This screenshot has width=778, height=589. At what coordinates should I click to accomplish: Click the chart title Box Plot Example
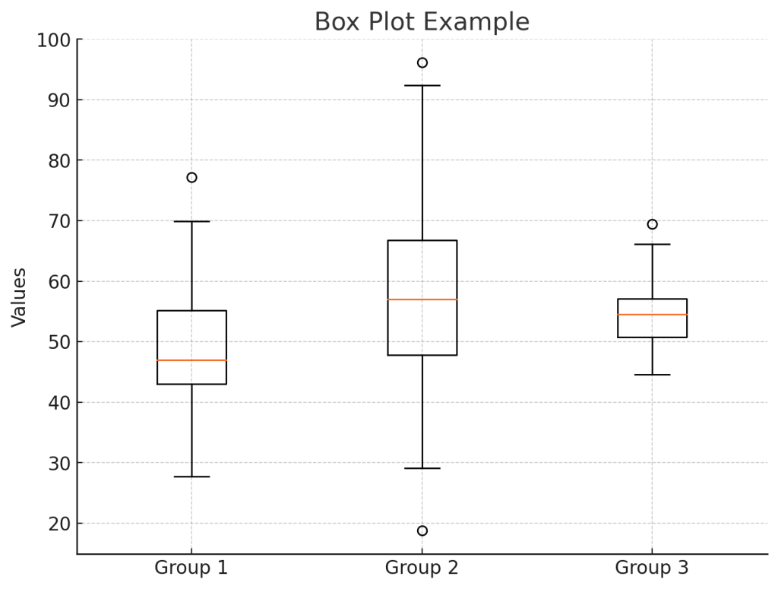click(x=422, y=22)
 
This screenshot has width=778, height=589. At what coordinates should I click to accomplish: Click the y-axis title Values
click(x=20, y=297)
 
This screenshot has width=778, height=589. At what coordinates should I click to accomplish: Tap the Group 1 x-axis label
click(x=191, y=568)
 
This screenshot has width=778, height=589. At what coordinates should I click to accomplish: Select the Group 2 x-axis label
click(x=422, y=568)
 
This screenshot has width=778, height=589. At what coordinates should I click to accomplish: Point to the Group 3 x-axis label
click(x=652, y=568)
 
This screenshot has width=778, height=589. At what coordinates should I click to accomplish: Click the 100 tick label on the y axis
click(x=53, y=40)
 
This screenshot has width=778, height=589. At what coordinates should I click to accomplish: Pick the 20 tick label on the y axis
click(x=59, y=524)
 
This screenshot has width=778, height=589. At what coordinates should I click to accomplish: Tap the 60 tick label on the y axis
click(x=59, y=282)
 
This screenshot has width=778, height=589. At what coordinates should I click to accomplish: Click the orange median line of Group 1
click(x=191, y=360)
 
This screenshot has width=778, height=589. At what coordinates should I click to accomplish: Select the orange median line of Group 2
click(x=422, y=299)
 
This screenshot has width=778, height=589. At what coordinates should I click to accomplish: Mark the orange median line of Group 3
click(x=652, y=315)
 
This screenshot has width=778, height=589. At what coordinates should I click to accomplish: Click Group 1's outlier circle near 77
click(x=191, y=178)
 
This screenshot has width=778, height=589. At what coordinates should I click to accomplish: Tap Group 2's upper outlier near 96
click(x=422, y=62)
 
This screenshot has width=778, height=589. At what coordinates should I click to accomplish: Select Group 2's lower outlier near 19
click(x=422, y=530)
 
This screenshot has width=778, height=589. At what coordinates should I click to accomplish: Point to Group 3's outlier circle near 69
click(x=652, y=224)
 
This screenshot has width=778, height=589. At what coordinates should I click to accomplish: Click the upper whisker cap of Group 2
click(x=422, y=86)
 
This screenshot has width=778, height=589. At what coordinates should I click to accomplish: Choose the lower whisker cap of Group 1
click(x=191, y=477)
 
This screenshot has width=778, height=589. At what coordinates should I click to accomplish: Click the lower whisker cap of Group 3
click(x=652, y=375)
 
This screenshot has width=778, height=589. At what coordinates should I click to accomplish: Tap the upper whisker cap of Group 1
click(x=191, y=221)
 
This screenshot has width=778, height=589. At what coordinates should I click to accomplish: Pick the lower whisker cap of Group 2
click(x=422, y=468)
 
